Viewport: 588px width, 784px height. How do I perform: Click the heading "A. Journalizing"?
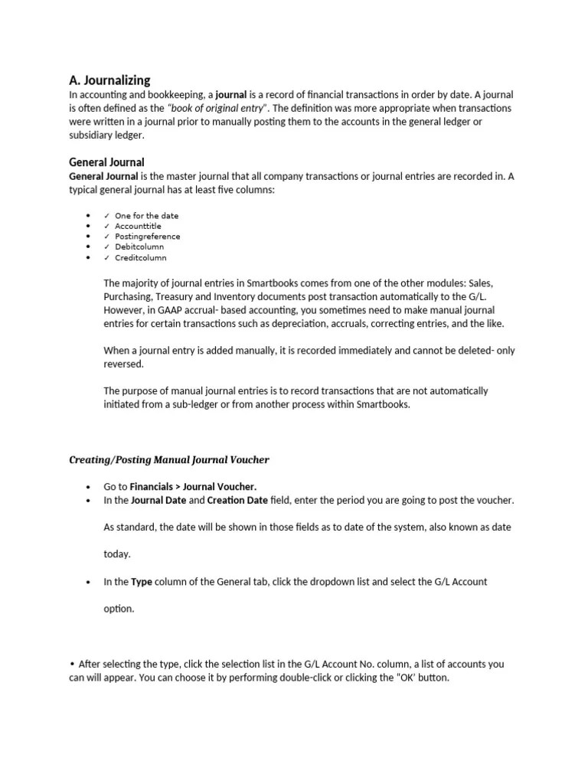click(109, 80)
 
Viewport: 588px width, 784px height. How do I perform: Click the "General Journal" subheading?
click(106, 162)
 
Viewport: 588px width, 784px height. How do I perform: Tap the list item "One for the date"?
click(146, 216)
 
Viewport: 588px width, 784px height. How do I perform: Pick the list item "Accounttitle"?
click(139, 227)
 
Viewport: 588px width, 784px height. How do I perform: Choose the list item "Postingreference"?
click(148, 237)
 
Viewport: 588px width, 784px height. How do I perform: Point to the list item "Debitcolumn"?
click(139, 247)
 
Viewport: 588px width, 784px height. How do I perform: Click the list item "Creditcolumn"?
click(140, 258)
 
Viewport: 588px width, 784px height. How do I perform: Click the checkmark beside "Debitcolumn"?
click(106, 247)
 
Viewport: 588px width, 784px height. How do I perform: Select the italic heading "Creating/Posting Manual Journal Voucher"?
click(169, 459)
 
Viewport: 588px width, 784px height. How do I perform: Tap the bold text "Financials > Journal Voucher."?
click(194, 486)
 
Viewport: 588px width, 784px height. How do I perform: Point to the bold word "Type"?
click(142, 582)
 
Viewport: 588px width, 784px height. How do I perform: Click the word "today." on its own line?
click(117, 554)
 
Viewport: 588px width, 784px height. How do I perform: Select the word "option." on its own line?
click(119, 609)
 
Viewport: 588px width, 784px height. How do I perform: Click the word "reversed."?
click(123, 364)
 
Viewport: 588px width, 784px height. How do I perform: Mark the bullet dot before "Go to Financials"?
click(88, 487)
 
